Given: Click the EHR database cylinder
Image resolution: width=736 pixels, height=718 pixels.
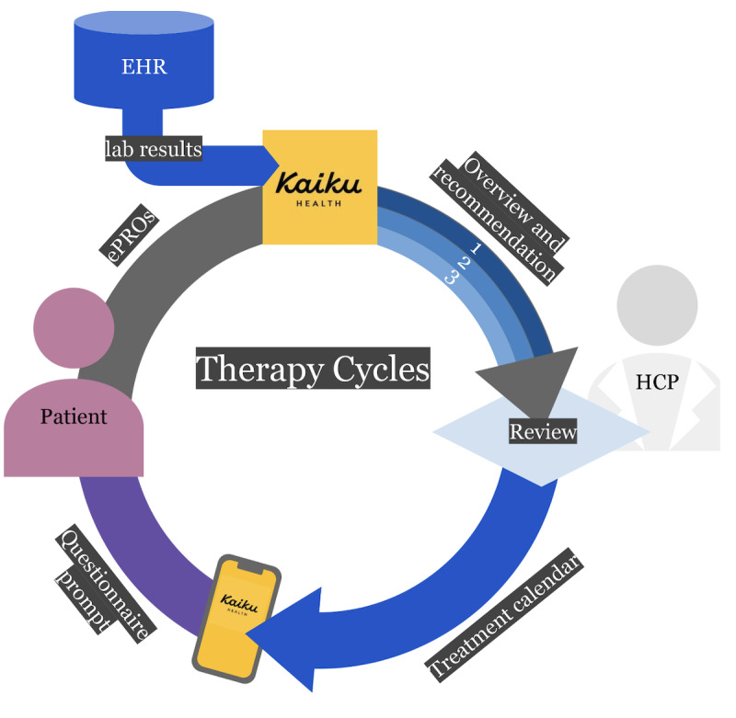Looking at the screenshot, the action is pyautogui.click(x=144, y=60).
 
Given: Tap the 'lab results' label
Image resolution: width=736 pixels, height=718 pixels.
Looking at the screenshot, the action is pyautogui.click(x=154, y=149).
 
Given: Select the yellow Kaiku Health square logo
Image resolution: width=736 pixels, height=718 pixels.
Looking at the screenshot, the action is pyautogui.click(x=319, y=188).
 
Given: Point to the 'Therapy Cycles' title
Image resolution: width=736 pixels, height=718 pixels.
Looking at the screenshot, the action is pyautogui.click(x=313, y=368).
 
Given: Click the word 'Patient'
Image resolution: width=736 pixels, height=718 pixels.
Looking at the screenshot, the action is pyautogui.click(x=74, y=416).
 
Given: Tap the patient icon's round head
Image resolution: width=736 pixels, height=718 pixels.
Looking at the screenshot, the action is pyautogui.click(x=74, y=328).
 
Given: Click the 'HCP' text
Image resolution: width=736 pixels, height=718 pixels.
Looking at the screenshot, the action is pyautogui.click(x=657, y=382).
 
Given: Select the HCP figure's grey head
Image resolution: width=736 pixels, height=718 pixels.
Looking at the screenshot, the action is pyautogui.click(x=657, y=305).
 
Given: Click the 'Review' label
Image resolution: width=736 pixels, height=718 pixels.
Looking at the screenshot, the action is pyautogui.click(x=543, y=431).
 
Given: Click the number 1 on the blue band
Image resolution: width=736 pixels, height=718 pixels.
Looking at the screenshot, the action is pyautogui.click(x=477, y=247).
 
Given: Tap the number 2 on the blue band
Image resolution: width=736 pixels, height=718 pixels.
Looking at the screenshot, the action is pyautogui.click(x=464, y=263).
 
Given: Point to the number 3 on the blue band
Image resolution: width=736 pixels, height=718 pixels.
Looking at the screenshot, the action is pyautogui.click(x=451, y=279).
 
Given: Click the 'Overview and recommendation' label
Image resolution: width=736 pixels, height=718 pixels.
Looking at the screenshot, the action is pyautogui.click(x=500, y=218).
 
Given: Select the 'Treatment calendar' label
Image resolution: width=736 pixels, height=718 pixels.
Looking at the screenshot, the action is pyautogui.click(x=504, y=615).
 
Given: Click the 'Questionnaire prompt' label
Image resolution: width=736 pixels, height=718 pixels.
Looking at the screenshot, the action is pyautogui.click(x=105, y=583).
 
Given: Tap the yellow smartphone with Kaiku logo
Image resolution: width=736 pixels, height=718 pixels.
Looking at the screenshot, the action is pyautogui.click(x=236, y=618).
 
